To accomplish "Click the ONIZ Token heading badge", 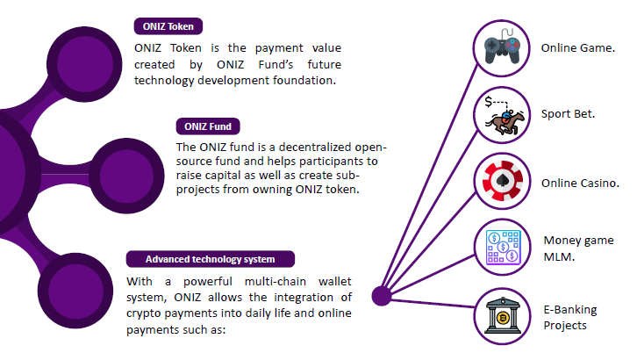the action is pyautogui.click(x=168, y=26).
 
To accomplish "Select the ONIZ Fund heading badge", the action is pyautogui.click(x=208, y=126).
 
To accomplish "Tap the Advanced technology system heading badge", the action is pyautogui.click(x=211, y=259).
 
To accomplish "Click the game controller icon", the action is pyautogui.click(x=502, y=47).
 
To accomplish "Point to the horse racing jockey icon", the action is pyautogui.click(x=504, y=116).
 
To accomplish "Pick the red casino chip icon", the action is pyautogui.click(x=503, y=181).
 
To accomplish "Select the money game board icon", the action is pyautogui.click(x=504, y=248).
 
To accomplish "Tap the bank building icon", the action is pyautogui.click(x=503, y=316).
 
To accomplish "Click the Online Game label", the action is pyautogui.click(x=577, y=48).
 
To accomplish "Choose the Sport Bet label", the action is pyautogui.click(x=568, y=114).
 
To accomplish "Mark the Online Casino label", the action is pyautogui.click(x=580, y=184).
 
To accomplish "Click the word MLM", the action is pyautogui.click(x=559, y=256).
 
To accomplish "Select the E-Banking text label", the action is pyautogui.click(x=570, y=310).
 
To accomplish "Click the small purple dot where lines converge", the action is pyautogui.click(x=382, y=296).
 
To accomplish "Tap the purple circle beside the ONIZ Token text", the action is pyautogui.click(x=84, y=64).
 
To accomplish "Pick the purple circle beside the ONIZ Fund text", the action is pyautogui.click(x=126, y=176).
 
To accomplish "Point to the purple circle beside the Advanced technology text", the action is pyautogui.click(x=75, y=291).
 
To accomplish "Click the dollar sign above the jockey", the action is pyautogui.click(x=489, y=101).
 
